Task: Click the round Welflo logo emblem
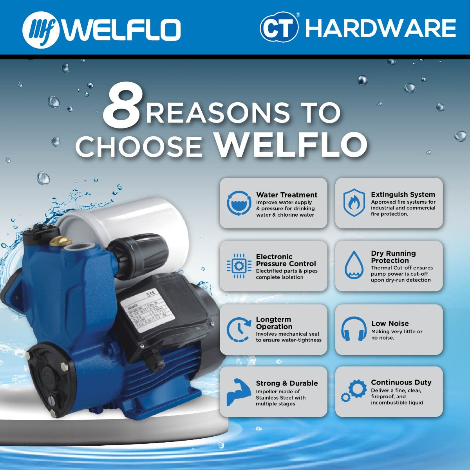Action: coord(41,30)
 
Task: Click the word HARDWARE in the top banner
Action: coord(380,28)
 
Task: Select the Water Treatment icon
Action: coord(239,204)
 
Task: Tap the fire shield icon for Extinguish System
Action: coord(354,202)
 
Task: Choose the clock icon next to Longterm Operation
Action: coord(239,330)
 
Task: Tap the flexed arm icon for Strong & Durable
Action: coord(237,392)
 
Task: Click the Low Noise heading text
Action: coord(390,324)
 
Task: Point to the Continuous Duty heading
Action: coord(401,382)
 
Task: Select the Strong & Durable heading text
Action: coord(287,383)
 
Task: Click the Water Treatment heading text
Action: coord(287,195)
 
